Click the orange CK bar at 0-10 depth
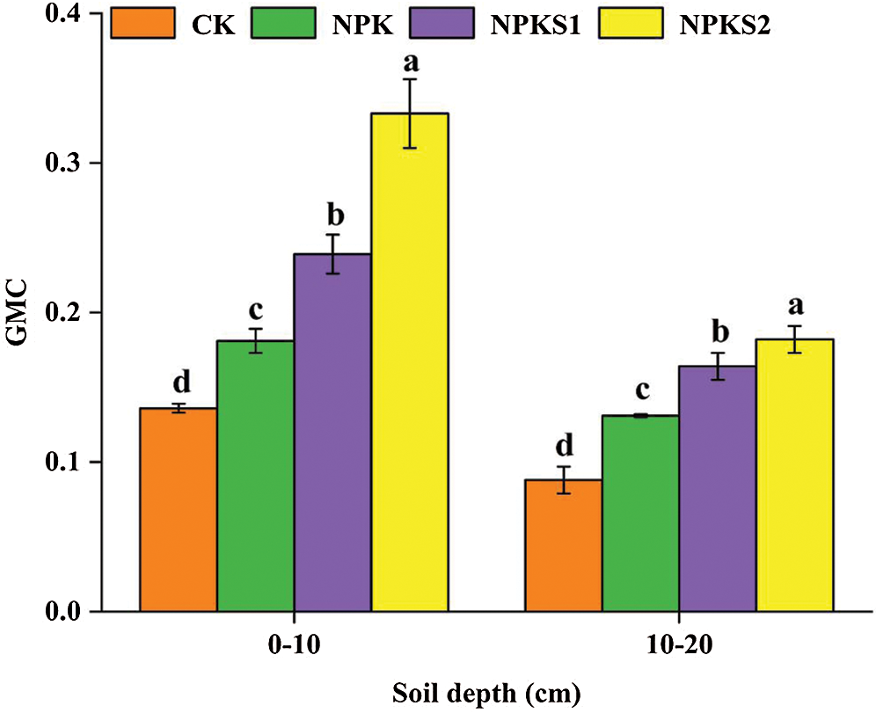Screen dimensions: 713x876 tap(179, 510)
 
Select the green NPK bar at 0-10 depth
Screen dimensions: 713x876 tap(255, 476)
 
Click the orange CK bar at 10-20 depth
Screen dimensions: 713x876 tap(564, 545)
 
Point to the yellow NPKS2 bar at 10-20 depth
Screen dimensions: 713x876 tap(794, 475)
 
